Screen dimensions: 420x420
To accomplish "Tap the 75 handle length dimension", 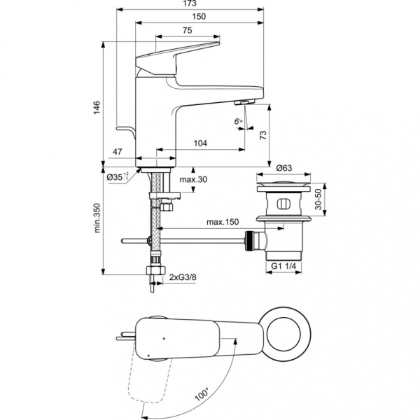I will click(188, 30).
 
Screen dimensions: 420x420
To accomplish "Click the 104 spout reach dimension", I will click(201, 143).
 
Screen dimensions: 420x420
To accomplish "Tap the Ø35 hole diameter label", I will click(118, 177).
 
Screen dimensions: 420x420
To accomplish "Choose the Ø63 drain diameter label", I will click(283, 168).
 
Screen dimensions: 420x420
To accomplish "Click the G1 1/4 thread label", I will click(283, 266).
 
